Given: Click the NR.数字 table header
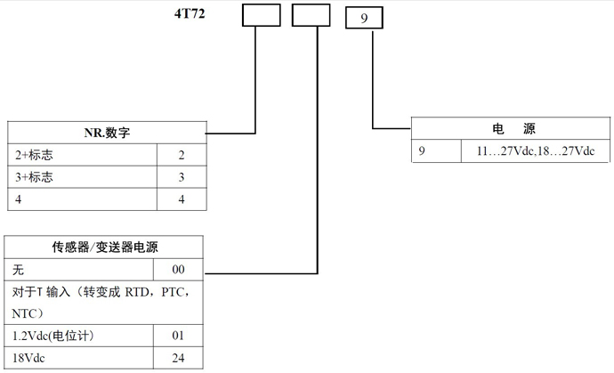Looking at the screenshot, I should pos(107,134).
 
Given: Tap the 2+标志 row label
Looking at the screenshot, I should pos(35,155).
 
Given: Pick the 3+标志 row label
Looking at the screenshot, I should pos(35,177).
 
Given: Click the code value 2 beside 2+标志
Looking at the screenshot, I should pos(181,155).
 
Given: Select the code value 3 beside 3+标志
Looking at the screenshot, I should pos(181,177).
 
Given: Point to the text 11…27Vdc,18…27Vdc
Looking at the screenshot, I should pos(535,150).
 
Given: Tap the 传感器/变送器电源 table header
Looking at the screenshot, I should pos(106,247).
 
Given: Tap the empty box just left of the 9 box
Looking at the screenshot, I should pos(311,15).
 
